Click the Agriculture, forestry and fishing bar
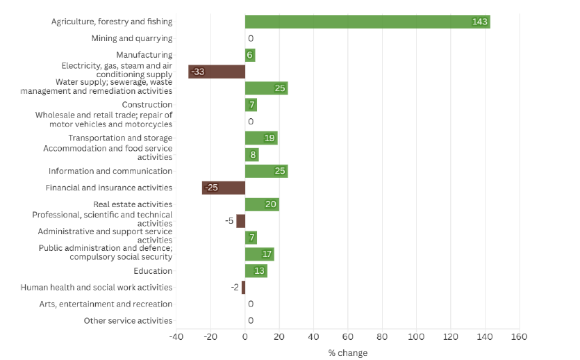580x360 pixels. tap(367, 22)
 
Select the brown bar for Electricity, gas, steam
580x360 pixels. tap(217, 72)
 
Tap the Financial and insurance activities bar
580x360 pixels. tap(224, 188)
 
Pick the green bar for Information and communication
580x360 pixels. tap(266, 171)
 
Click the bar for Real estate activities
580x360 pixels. tap(262, 204)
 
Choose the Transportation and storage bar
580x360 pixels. tap(261, 138)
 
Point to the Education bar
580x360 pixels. tap(256, 271)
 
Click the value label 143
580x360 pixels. tap(479, 22)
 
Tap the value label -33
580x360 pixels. tap(197, 72)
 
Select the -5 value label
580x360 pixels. tap(229, 221)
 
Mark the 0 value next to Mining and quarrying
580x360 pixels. tap(250, 39)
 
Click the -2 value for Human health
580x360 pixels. tap(235, 288)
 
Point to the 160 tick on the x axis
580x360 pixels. tap(519, 337)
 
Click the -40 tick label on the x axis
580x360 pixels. tap(176, 337)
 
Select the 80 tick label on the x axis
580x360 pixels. tap(382, 337)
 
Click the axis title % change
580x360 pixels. tap(347, 353)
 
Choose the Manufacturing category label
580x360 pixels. tap(144, 55)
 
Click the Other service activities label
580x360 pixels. tap(128, 321)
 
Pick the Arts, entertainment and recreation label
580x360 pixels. tap(106, 304)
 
